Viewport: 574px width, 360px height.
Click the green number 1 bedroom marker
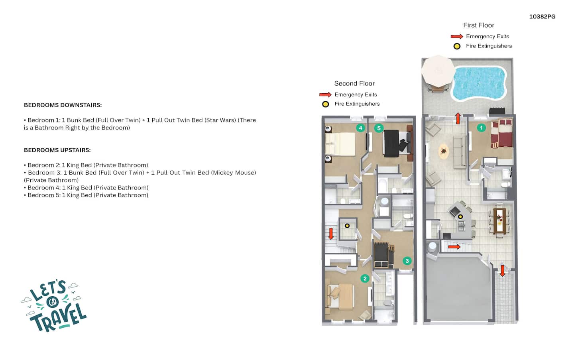(481, 128)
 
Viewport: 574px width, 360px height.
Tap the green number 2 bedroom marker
(365, 278)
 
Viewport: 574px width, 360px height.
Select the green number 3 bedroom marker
(407, 261)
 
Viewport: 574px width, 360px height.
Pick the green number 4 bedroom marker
(360, 128)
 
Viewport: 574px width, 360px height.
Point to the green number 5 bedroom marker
(379, 128)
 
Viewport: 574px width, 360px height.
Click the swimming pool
(479, 83)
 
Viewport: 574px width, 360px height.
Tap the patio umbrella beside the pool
(438, 71)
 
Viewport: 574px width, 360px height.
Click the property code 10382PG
(542, 17)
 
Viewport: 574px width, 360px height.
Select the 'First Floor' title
(479, 25)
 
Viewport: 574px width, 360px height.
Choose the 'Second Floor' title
(354, 83)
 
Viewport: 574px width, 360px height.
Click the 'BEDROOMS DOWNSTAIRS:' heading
(63, 105)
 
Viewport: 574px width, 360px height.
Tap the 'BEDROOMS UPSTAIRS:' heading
(57, 150)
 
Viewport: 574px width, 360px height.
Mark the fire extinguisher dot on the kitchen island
(460, 217)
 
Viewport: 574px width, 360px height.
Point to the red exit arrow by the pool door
(458, 118)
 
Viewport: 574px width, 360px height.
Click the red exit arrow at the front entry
(502, 271)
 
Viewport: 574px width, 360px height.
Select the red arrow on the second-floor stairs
(331, 234)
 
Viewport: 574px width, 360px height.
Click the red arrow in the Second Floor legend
(325, 94)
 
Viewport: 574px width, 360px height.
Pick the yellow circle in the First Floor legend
(457, 46)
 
